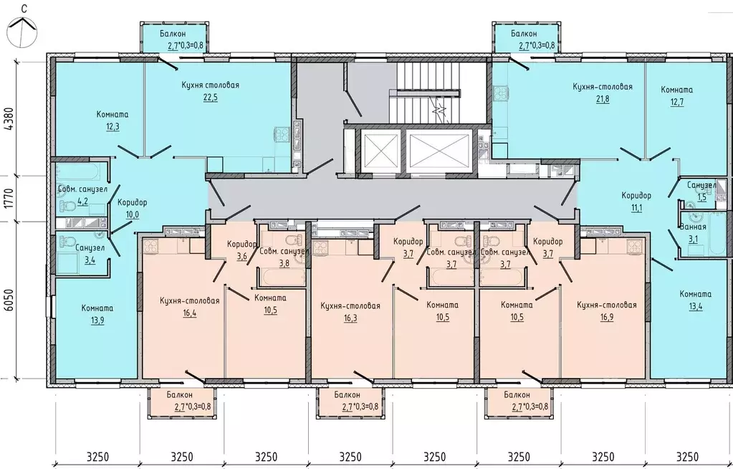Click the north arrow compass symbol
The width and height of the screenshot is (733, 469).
click(x=22, y=31)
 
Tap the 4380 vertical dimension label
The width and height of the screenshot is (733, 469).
click(x=9, y=120)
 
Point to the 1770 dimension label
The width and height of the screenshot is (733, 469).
click(x=9, y=199)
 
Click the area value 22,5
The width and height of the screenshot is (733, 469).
click(x=211, y=98)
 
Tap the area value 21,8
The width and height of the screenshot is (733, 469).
click(x=603, y=99)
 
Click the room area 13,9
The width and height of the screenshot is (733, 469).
click(x=97, y=321)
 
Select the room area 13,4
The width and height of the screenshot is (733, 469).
click(x=696, y=307)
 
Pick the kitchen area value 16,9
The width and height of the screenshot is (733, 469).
click(x=607, y=318)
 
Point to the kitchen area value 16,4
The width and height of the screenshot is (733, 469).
click(x=189, y=313)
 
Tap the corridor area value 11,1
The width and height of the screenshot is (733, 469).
click(x=636, y=208)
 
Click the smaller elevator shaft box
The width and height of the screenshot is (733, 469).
click(x=381, y=151)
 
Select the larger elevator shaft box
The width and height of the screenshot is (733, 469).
click(x=439, y=151)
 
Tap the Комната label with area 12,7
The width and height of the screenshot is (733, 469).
click(x=676, y=90)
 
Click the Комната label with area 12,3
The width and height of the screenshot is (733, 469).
click(x=112, y=114)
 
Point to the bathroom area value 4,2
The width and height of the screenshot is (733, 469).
click(x=82, y=202)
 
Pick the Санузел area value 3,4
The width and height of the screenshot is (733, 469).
click(x=90, y=260)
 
